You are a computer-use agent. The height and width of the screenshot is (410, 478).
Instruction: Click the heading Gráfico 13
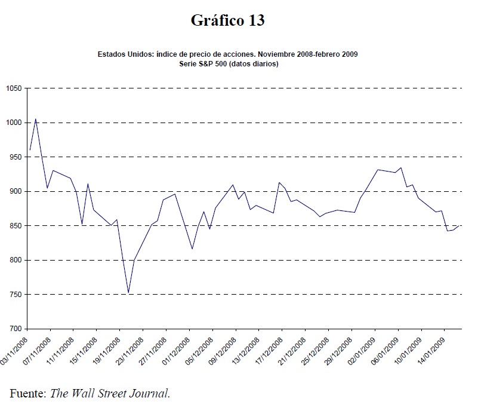[227, 21]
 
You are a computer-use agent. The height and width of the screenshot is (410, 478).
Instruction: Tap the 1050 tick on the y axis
[13, 88]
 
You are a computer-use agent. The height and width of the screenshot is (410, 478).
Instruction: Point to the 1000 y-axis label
[13, 123]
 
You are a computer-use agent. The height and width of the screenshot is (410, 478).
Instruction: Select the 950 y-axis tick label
[14, 157]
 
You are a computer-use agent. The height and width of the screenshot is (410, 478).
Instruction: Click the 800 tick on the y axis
[14, 260]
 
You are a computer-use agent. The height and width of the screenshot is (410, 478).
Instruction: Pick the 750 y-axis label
[14, 295]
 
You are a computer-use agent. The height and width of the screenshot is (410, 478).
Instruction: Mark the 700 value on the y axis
[14, 329]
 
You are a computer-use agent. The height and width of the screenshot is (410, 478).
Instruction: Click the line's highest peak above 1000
[36, 119]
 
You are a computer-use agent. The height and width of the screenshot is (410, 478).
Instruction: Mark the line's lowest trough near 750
[128, 293]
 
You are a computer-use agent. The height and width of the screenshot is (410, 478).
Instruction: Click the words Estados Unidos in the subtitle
[124, 54]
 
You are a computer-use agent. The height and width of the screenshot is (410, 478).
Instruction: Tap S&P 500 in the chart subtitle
[217, 63]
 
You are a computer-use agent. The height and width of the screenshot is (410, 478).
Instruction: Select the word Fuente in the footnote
[27, 393]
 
